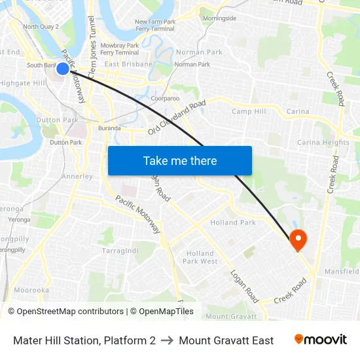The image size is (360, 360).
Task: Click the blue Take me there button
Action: pos(180,160)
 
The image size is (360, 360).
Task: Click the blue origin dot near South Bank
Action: pos(63,68)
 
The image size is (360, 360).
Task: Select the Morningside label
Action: pos(219,18)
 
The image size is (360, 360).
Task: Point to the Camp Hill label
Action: pos(249,111)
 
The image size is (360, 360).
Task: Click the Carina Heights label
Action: pos(323,142)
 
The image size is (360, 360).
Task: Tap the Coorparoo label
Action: pos(165,98)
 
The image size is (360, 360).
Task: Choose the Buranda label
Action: pos(109,128)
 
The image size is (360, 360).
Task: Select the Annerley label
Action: pos(77,176)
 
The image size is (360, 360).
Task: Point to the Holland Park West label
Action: pos(200,257)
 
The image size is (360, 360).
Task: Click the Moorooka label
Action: pos(31,290)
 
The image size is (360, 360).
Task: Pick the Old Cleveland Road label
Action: pos(177,117)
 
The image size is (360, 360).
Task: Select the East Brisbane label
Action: pos(128,64)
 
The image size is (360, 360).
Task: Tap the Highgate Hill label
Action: pos(22,83)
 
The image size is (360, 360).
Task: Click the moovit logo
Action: pos(320,340)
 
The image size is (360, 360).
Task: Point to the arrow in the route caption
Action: pos(167,340)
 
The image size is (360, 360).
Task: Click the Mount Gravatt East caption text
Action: pos(226,340)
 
